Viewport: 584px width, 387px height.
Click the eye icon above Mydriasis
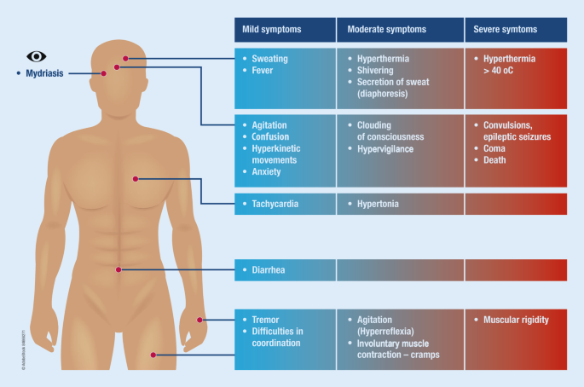(x=37, y=56)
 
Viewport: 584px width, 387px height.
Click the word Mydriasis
(x=44, y=73)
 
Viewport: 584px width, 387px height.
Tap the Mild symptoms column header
(x=285, y=30)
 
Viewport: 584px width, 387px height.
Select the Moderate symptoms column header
(x=401, y=30)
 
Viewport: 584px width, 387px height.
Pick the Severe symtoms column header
(x=516, y=30)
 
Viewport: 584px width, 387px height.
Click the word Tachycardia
(x=275, y=204)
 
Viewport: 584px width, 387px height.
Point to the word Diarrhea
(x=269, y=270)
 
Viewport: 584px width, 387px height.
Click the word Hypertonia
(x=378, y=204)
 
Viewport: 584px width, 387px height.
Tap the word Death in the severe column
(x=494, y=160)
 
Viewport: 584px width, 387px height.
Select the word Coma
(x=494, y=148)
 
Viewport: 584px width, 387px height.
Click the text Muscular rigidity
(x=516, y=320)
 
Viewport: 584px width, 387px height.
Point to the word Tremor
(x=265, y=320)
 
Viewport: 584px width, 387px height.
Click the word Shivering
(x=375, y=71)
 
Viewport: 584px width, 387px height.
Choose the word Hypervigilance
(x=385, y=149)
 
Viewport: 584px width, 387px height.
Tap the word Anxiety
(x=266, y=171)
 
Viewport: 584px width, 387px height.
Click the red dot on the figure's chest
(x=136, y=179)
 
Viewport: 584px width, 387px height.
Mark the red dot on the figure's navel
(x=119, y=269)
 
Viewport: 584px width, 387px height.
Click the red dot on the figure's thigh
(x=153, y=355)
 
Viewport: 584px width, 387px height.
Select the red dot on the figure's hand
(x=199, y=320)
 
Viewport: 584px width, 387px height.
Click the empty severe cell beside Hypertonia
(x=516, y=204)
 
